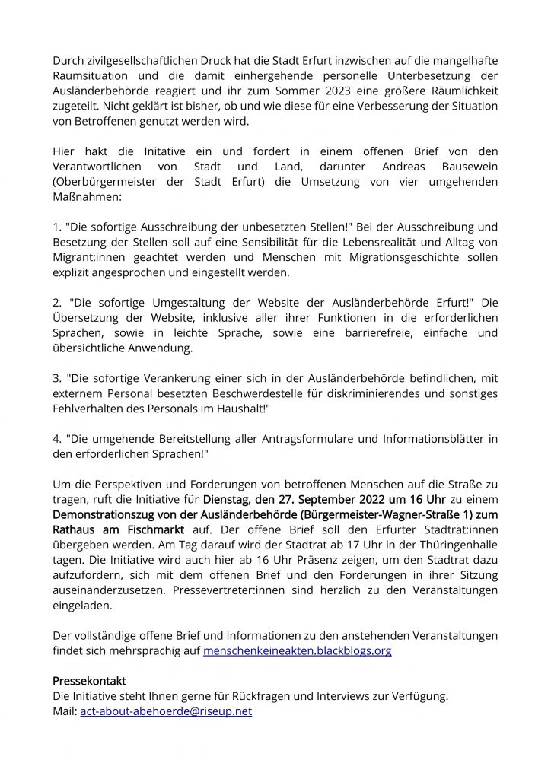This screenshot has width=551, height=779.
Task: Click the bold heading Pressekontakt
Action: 89,680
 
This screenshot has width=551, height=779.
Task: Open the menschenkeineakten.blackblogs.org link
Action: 297,651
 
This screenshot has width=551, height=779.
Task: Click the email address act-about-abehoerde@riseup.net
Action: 166,711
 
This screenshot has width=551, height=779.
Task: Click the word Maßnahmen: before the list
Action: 87,196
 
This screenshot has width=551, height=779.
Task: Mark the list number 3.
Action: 56,377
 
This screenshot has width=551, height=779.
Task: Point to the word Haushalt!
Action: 242,408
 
